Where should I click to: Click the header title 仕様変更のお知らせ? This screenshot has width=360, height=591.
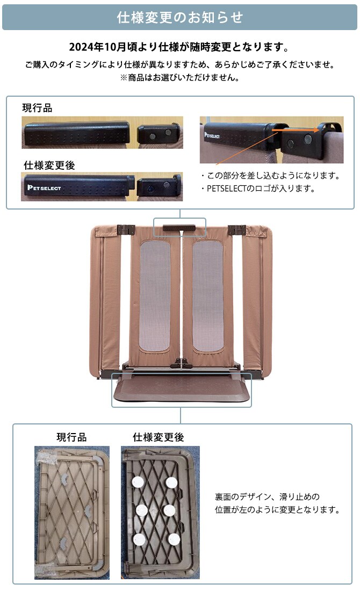180,18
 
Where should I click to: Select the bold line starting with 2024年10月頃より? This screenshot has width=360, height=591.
179,47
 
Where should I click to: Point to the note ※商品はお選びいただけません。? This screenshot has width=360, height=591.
179,77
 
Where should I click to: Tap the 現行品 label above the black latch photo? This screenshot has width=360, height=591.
37,108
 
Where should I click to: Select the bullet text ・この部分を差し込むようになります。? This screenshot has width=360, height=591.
270,176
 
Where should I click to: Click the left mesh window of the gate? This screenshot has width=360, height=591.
155,296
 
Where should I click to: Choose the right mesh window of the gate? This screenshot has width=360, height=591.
208,296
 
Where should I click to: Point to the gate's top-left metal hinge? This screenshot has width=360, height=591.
125,230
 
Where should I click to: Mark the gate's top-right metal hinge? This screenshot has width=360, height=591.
236,230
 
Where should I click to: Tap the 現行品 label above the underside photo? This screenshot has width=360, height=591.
71,437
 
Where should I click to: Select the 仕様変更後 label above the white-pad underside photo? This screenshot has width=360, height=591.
158,437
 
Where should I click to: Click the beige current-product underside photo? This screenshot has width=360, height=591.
71,512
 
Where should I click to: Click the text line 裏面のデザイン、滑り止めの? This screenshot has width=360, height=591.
267,497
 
